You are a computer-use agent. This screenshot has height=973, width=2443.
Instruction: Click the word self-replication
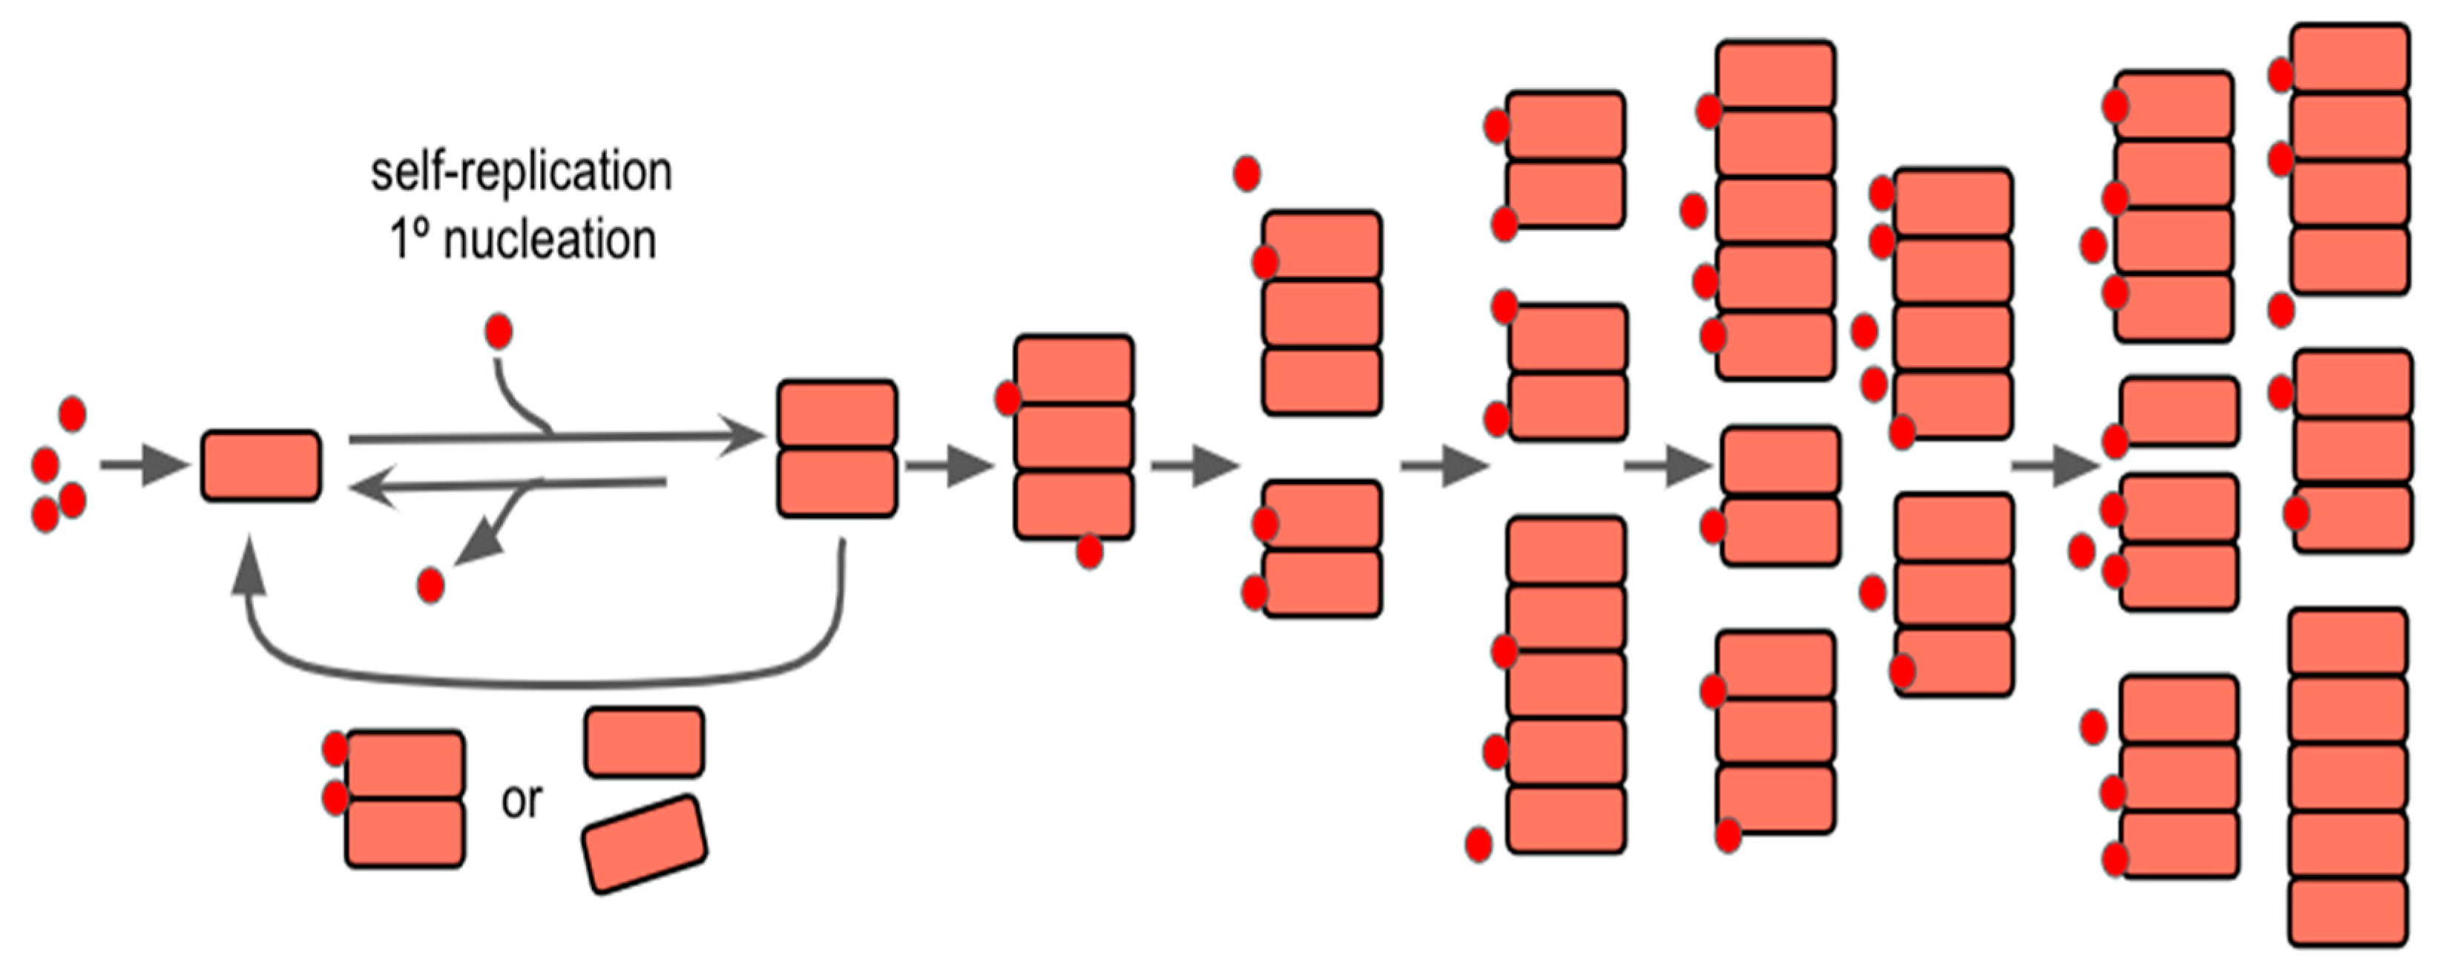pyautogui.click(x=521, y=173)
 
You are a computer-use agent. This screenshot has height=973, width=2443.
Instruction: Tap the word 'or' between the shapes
pyautogui.click(x=522, y=802)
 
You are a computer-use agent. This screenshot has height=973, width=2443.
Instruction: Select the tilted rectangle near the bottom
pyautogui.click(x=645, y=844)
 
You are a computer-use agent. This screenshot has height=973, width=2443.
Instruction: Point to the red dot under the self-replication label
pyautogui.click(x=499, y=332)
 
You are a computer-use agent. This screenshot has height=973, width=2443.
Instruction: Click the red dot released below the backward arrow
pyautogui.click(x=430, y=585)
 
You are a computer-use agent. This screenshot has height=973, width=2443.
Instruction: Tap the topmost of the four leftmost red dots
pyautogui.click(x=73, y=413)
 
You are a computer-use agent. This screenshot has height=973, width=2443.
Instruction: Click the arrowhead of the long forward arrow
pyautogui.click(x=744, y=436)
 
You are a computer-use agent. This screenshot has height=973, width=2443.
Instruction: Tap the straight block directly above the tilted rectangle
pyautogui.click(x=645, y=741)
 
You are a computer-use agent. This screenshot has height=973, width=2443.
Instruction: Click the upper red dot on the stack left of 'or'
pyautogui.click(x=335, y=749)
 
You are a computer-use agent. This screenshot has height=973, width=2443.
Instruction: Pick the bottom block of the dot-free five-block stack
pyautogui.click(x=2348, y=912)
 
